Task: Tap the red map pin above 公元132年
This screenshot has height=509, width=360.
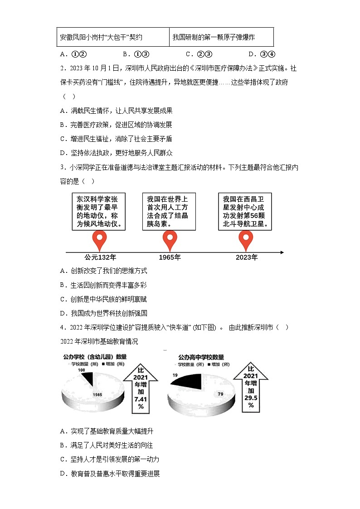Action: [x=99, y=241]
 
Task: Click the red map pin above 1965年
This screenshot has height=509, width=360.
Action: [x=170, y=241]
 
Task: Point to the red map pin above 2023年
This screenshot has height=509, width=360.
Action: [x=246, y=241]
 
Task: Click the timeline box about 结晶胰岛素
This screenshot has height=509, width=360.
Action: [x=170, y=212]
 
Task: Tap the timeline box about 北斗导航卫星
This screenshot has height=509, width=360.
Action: [x=246, y=212]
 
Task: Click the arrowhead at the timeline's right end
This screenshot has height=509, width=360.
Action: [x=282, y=252]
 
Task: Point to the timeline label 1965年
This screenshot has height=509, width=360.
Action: [x=170, y=258]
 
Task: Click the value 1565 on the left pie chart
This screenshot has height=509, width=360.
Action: [x=97, y=394]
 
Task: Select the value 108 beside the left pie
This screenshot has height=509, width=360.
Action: [x=82, y=370]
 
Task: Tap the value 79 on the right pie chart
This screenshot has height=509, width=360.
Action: [x=220, y=394]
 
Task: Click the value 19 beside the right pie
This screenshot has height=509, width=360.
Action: [x=175, y=375]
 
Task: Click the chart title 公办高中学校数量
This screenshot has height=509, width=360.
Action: [x=201, y=358]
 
